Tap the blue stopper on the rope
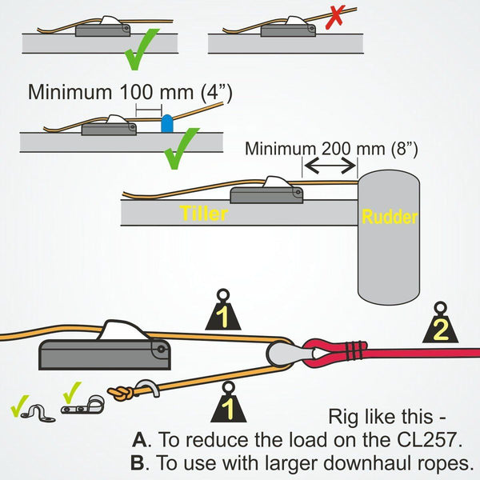click(x=167, y=123)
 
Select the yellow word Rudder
click(x=388, y=216)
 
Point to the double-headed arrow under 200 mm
click(x=329, y=165)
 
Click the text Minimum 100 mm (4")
click(x=130, y=92)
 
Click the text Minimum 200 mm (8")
click(x=331, y=148)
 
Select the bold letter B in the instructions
click(x=138, y=462)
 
